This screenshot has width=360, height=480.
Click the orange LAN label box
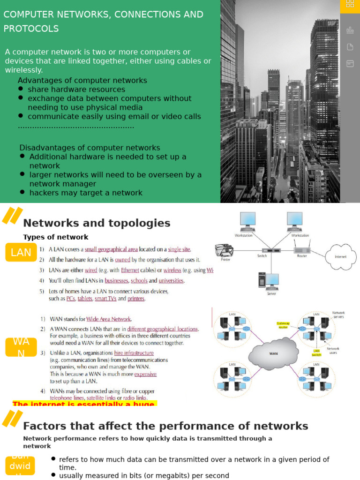[21, 253]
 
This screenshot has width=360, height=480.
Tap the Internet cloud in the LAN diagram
[340, 256]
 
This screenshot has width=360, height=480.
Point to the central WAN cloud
[274, 353]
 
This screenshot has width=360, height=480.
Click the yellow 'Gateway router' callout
[284, 325]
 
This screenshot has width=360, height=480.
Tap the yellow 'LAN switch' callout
[317, 353]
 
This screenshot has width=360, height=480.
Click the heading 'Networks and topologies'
[97, 223]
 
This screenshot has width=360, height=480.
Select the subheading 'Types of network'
[56, 237]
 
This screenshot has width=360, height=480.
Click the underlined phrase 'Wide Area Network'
[109, 319]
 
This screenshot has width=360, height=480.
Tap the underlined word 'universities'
[171, 281]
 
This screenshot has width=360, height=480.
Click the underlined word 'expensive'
[145, 375]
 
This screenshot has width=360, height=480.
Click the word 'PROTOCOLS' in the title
[31, 29]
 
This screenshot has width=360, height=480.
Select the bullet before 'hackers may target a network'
[22, 192]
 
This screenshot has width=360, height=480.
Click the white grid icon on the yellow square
[350, 4]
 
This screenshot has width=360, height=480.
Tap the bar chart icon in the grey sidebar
[350, 30]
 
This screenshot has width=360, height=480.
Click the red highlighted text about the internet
[84, 404]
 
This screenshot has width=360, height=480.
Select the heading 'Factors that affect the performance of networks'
[165, 426]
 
